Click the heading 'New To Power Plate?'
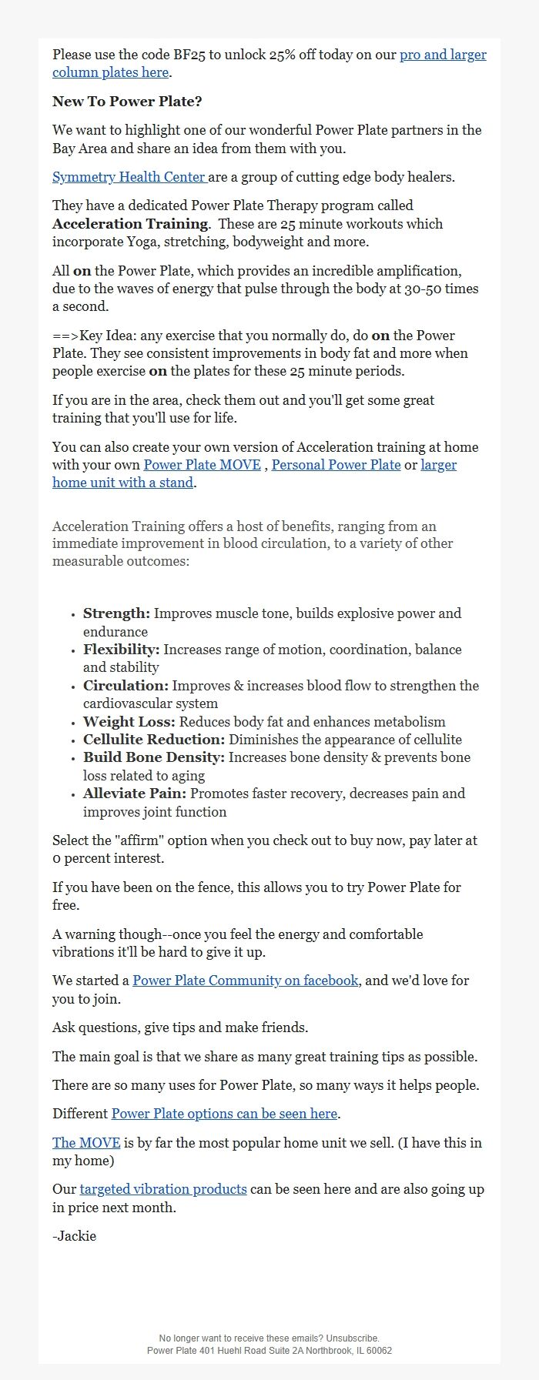(127, 102)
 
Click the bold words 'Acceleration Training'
(130, 224)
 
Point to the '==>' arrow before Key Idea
(65, 336)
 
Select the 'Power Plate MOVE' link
(202, 465)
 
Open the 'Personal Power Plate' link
(336, 465)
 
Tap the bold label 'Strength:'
(116, 613)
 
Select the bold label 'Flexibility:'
(121, 650)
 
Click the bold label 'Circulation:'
(126, 686)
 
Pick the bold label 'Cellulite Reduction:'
(154, 740)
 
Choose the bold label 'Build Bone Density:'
(153, 757)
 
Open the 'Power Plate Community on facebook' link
(245, 981)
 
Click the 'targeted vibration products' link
(163, 1189)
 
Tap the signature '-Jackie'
(74, 1236)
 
